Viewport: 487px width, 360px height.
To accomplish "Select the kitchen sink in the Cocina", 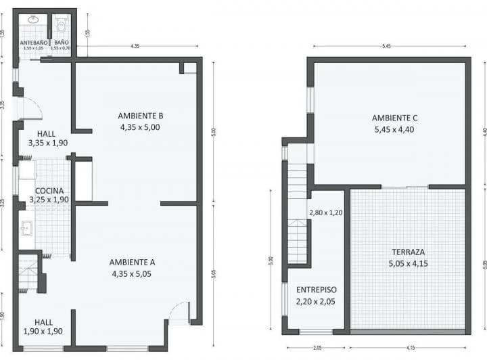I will coord(26,228).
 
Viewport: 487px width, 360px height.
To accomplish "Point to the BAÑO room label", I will coord(61,42).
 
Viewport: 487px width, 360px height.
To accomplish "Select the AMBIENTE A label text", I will coord(133,262).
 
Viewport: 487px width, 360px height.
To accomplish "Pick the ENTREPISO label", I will coord(315,289).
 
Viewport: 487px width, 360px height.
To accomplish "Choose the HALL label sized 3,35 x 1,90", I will coord(47,134).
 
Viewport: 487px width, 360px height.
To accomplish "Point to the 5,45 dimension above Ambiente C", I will coord(386,47).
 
